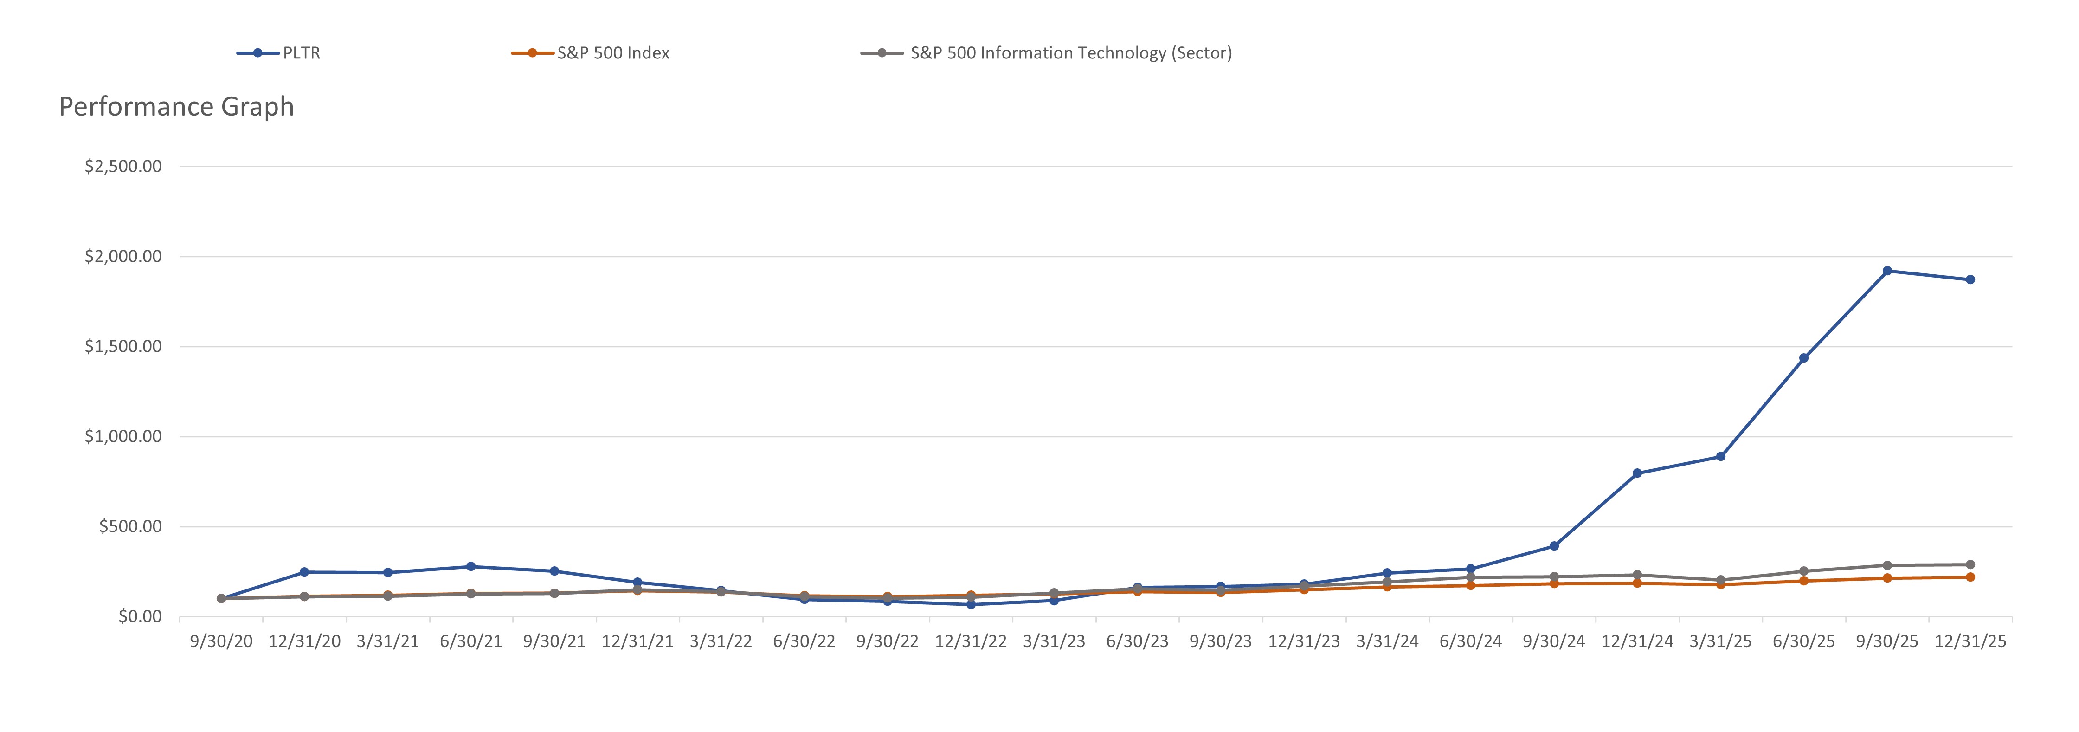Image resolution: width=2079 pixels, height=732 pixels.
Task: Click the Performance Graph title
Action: coord(177,107)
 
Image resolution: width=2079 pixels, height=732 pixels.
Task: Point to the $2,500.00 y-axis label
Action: coord(122,166)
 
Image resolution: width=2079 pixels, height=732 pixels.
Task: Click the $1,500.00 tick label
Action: coord(122,346)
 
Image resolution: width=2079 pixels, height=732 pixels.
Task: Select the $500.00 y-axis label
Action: coord(130,526)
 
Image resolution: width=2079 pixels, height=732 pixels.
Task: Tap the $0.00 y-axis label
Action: coord(140,616)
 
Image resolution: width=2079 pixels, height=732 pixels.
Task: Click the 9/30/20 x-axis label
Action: coord(221,641)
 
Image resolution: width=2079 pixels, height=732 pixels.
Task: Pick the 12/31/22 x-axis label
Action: coord(971,641)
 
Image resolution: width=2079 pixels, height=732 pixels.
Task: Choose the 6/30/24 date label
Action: coord(1470,641)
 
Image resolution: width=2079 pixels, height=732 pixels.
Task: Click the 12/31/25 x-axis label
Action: coord(1970,641)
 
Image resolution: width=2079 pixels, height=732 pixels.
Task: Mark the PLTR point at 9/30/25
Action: coord(1887,271)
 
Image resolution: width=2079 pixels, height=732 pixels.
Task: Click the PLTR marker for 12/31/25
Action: coord(1970,280)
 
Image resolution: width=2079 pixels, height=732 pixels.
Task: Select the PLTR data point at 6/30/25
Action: coord(1804,358)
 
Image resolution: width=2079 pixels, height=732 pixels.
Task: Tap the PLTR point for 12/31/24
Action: coord(1637,474)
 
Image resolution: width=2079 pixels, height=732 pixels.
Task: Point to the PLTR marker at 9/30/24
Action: coord(1554,546)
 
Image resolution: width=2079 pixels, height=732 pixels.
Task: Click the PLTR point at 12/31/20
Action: coord(304,572)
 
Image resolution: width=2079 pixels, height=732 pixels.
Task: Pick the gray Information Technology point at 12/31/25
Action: coord(1970,565)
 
